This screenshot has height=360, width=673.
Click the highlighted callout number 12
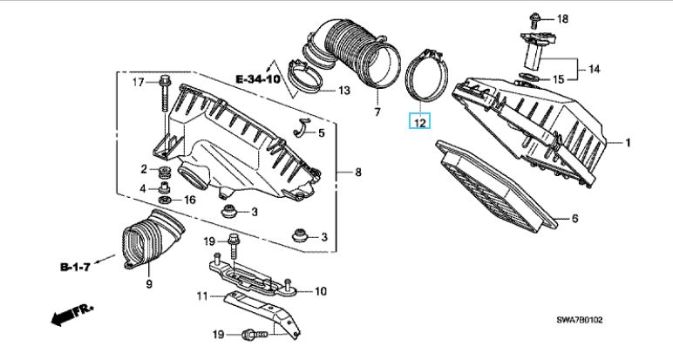[419, 123]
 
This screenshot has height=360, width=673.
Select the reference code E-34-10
[258, 79]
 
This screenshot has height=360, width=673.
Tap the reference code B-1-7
[75, 267]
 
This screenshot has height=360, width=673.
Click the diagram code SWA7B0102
[580, 320]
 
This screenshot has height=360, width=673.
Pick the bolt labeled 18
[534, 19]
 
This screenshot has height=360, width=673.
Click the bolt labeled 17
[165, 92]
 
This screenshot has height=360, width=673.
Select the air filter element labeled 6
[496, 186]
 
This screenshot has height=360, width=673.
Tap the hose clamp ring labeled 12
[425, 74]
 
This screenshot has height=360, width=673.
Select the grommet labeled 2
[163, 171]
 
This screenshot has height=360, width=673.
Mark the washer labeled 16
[165, 200]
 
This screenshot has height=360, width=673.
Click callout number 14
[594, 69]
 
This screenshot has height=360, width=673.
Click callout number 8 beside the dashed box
[358, 173]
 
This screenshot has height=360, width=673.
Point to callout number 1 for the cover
[628, 142]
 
